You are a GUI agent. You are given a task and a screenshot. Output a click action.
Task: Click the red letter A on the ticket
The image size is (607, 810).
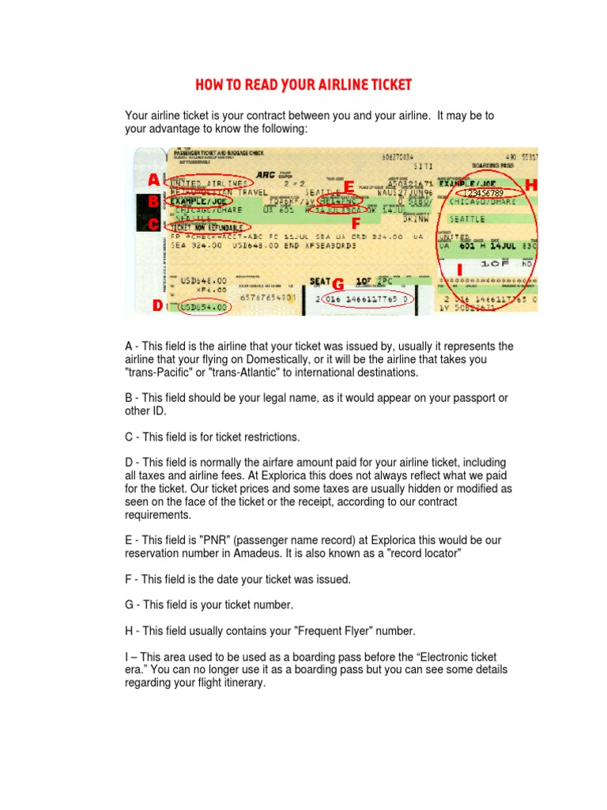(x=153, y=180)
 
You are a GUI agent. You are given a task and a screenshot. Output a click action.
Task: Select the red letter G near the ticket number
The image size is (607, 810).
(x=337, y=283)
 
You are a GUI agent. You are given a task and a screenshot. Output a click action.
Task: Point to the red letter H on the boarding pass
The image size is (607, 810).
(x=530, y=184)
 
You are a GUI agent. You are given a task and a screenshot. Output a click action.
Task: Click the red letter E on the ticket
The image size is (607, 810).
(x=349, y=187)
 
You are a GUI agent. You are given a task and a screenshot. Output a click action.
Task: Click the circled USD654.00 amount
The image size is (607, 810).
(x=205, y=307)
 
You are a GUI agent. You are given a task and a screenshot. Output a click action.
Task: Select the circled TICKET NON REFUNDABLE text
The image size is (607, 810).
(x=207, y=227)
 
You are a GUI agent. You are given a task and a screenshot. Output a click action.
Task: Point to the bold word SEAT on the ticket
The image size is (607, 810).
(x=319, y=282)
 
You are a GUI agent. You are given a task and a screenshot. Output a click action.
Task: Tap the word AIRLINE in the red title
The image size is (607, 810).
(x=337, y=85)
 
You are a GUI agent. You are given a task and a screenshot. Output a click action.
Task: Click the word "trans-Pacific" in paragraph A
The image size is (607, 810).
(x=161, y=373)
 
